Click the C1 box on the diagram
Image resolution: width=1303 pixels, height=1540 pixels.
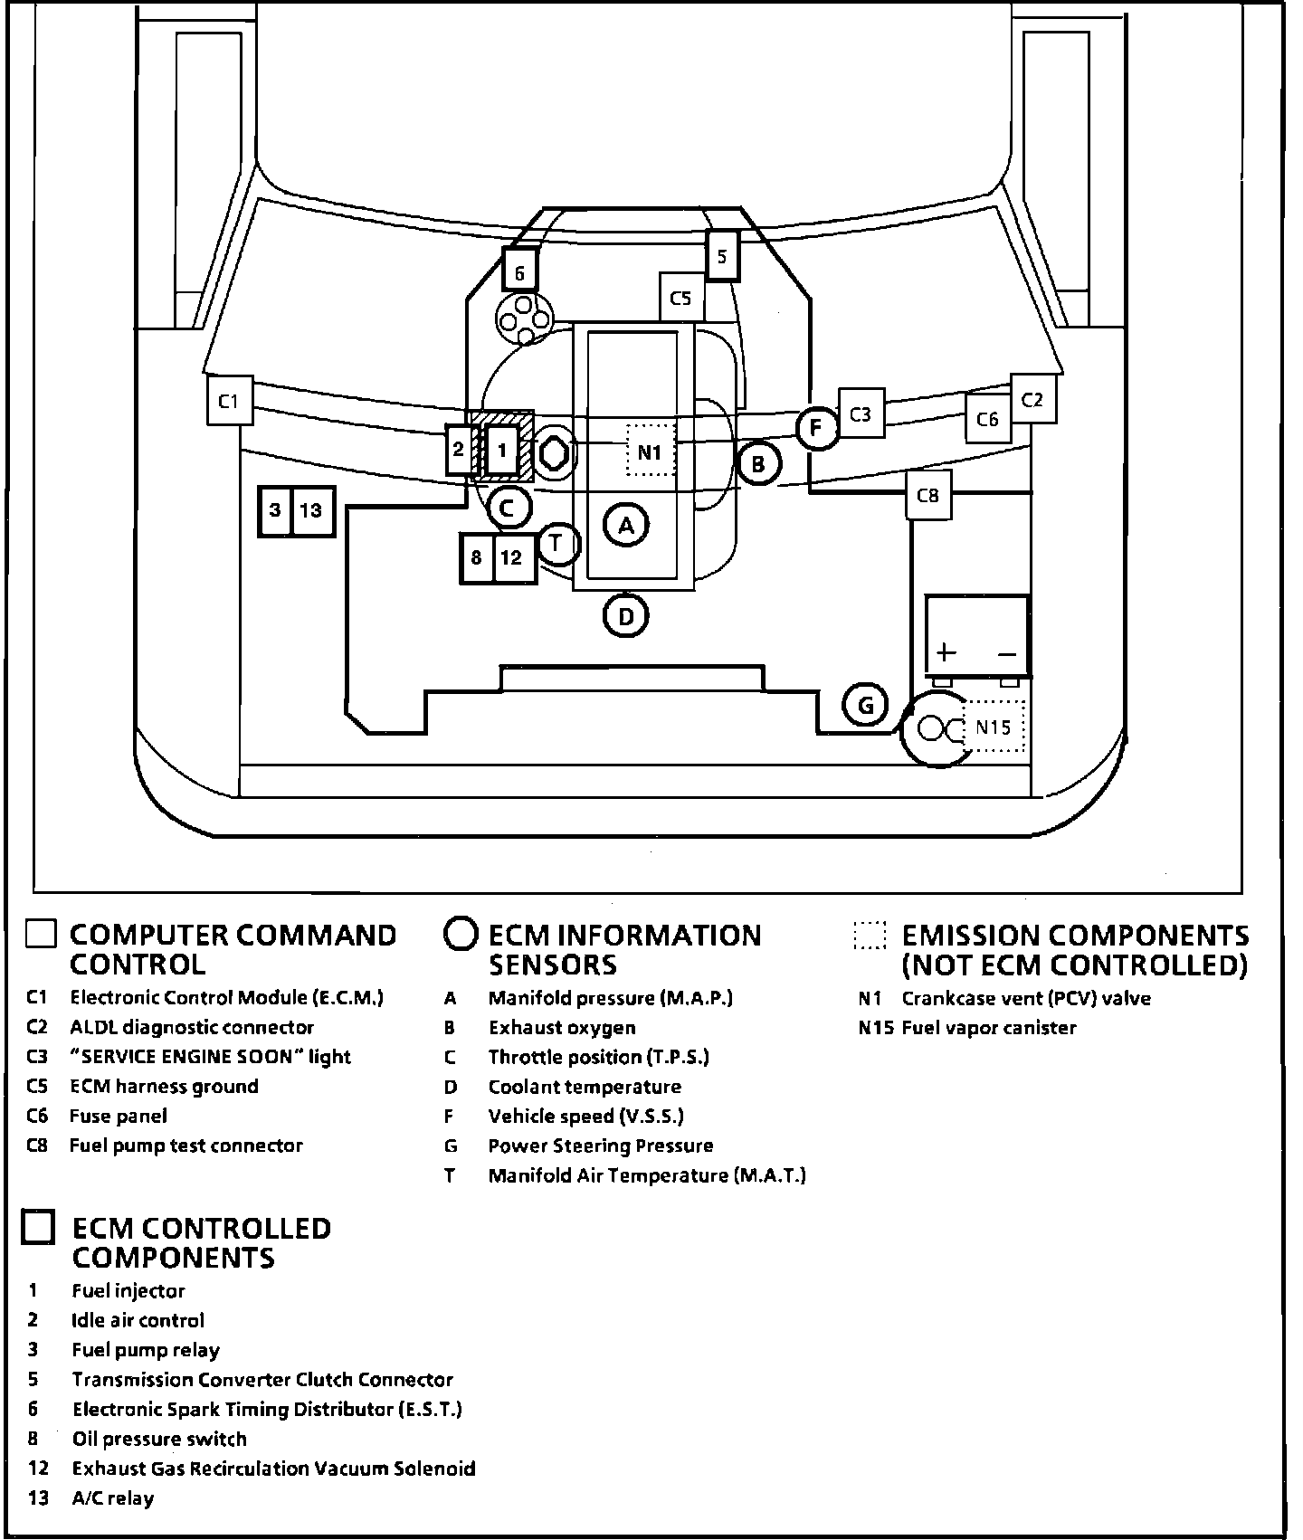point(229,400)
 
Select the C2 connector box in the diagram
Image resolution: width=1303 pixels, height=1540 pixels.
point(1032,399)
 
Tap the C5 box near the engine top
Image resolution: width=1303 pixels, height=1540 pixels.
point(680,298)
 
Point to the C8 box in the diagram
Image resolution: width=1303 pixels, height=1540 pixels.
point(928,495)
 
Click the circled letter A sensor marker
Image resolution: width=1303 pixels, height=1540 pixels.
point(626,525)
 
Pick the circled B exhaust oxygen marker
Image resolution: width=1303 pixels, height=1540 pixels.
point(758,464)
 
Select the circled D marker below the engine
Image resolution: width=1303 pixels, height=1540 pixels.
point(626,617)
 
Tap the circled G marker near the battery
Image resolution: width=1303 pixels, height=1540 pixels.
point(865,705)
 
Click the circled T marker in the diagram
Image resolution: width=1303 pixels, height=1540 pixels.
point(556,543)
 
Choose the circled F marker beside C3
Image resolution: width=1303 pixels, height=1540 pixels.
point(817,427)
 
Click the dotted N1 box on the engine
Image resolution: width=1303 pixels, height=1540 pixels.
point(651,451)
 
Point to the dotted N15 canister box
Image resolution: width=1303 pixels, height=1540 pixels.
point(994,727)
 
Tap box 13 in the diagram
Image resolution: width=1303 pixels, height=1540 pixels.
point(312,510)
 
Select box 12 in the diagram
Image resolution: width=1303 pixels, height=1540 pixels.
point(512,557)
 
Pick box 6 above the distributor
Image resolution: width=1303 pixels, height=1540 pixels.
point(519,271)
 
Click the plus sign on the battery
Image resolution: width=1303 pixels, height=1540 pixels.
point(946,651)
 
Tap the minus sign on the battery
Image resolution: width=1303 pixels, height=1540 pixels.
point(1007,653)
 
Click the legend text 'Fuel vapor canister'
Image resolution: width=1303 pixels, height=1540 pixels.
point(989,1028)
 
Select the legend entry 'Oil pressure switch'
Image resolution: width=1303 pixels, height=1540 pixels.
point(159,1439)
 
